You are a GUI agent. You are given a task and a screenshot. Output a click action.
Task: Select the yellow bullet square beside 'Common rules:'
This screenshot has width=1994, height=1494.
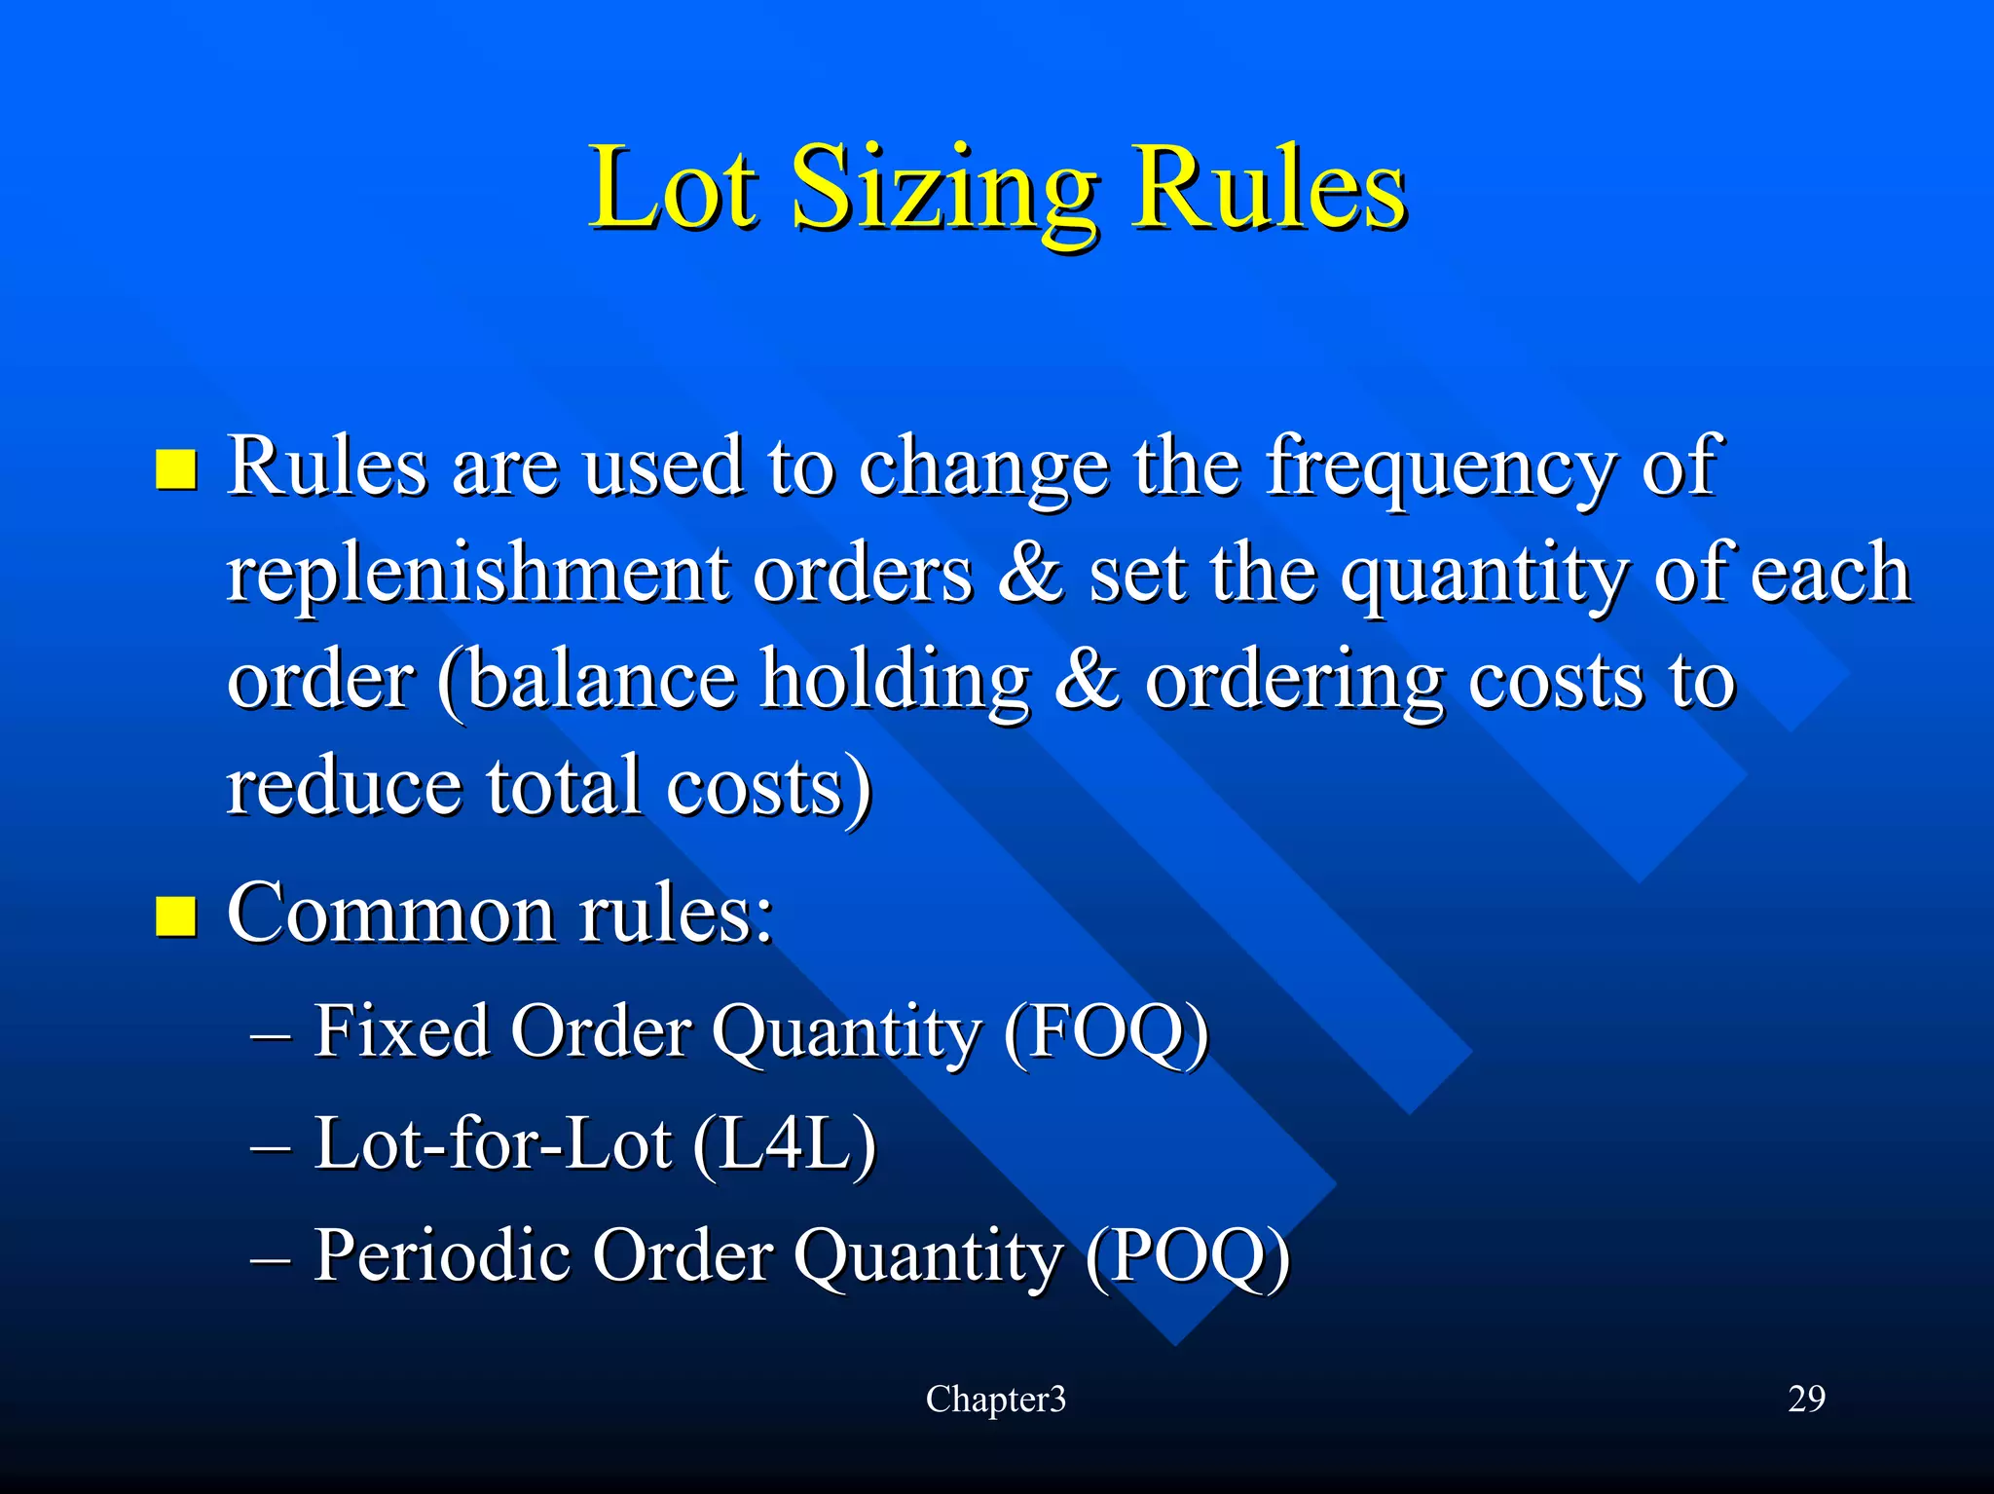176,915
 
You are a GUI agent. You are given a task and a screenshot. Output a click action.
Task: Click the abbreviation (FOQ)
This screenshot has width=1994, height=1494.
1106,1031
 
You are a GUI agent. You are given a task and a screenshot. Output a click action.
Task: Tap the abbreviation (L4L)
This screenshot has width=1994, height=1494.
785,1143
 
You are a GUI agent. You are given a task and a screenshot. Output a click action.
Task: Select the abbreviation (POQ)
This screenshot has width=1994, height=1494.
1188,1256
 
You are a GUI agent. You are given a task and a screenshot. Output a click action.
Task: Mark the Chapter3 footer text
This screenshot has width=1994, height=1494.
995,1400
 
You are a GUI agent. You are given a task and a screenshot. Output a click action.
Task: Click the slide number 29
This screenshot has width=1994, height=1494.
1806,1400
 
